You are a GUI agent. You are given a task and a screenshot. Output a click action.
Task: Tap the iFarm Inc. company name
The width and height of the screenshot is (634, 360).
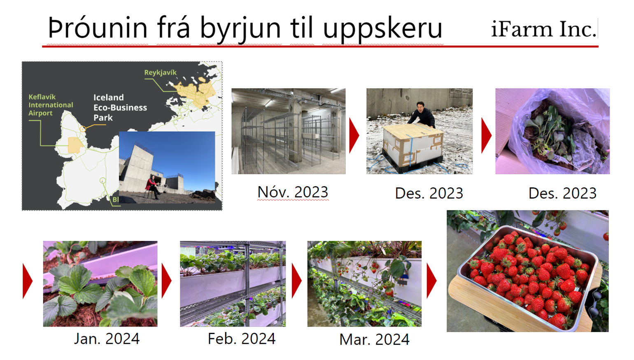[x=543, y=29]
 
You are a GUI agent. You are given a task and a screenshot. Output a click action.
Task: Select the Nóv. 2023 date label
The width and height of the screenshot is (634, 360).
[x=293, y=192]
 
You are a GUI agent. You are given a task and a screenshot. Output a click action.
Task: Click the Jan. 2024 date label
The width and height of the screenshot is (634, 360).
[x=107, y=339]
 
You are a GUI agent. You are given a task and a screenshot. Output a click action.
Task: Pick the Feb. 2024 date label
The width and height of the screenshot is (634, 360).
[x=241, y=339]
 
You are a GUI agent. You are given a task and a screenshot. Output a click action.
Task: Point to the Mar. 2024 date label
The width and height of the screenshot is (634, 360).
[x=374, y=339]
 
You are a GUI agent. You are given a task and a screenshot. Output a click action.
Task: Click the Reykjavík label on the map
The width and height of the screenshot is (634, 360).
[x=160, y=72]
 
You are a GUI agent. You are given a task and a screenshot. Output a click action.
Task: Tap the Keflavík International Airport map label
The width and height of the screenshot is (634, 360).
[x=51, y=105]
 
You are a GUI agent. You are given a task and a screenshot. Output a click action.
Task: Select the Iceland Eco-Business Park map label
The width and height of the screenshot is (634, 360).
[x=120, y=108]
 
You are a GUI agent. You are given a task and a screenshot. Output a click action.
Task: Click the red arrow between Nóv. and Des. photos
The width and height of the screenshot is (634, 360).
[x=354, y=136]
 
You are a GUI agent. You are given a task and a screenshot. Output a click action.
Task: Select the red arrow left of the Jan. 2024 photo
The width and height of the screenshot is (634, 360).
[x=28, y=281]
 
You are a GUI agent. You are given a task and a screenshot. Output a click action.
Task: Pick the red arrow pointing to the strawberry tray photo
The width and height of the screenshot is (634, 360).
[x=431, y=281]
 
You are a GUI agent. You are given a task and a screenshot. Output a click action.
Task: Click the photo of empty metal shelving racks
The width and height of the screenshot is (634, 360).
[x=289, y=131]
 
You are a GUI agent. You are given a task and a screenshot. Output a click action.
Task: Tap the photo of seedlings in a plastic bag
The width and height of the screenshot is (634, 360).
[x=552, y=131]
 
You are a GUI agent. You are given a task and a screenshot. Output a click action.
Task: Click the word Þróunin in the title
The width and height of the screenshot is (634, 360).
[x=98, y=28]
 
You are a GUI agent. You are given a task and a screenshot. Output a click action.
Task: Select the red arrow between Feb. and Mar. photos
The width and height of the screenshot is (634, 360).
[x=296, y=281]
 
